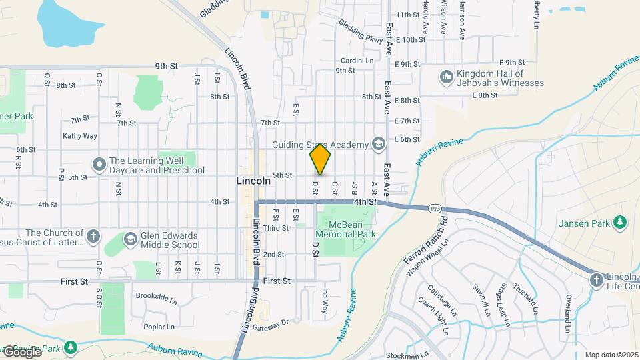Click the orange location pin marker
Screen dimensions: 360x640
tap(320, 159)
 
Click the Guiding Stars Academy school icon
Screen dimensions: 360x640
tap(379, 145)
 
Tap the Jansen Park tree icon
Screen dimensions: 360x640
tap(621, 221)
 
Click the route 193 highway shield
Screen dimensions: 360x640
tap(434, 208)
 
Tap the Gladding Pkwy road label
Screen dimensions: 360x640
tap(361, 31)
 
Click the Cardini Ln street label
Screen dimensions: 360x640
tap(357, 60)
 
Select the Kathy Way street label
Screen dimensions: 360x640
tap(80, 136)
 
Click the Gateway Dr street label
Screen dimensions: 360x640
tap(274, 322)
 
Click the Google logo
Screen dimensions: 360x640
tap(22, 351)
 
